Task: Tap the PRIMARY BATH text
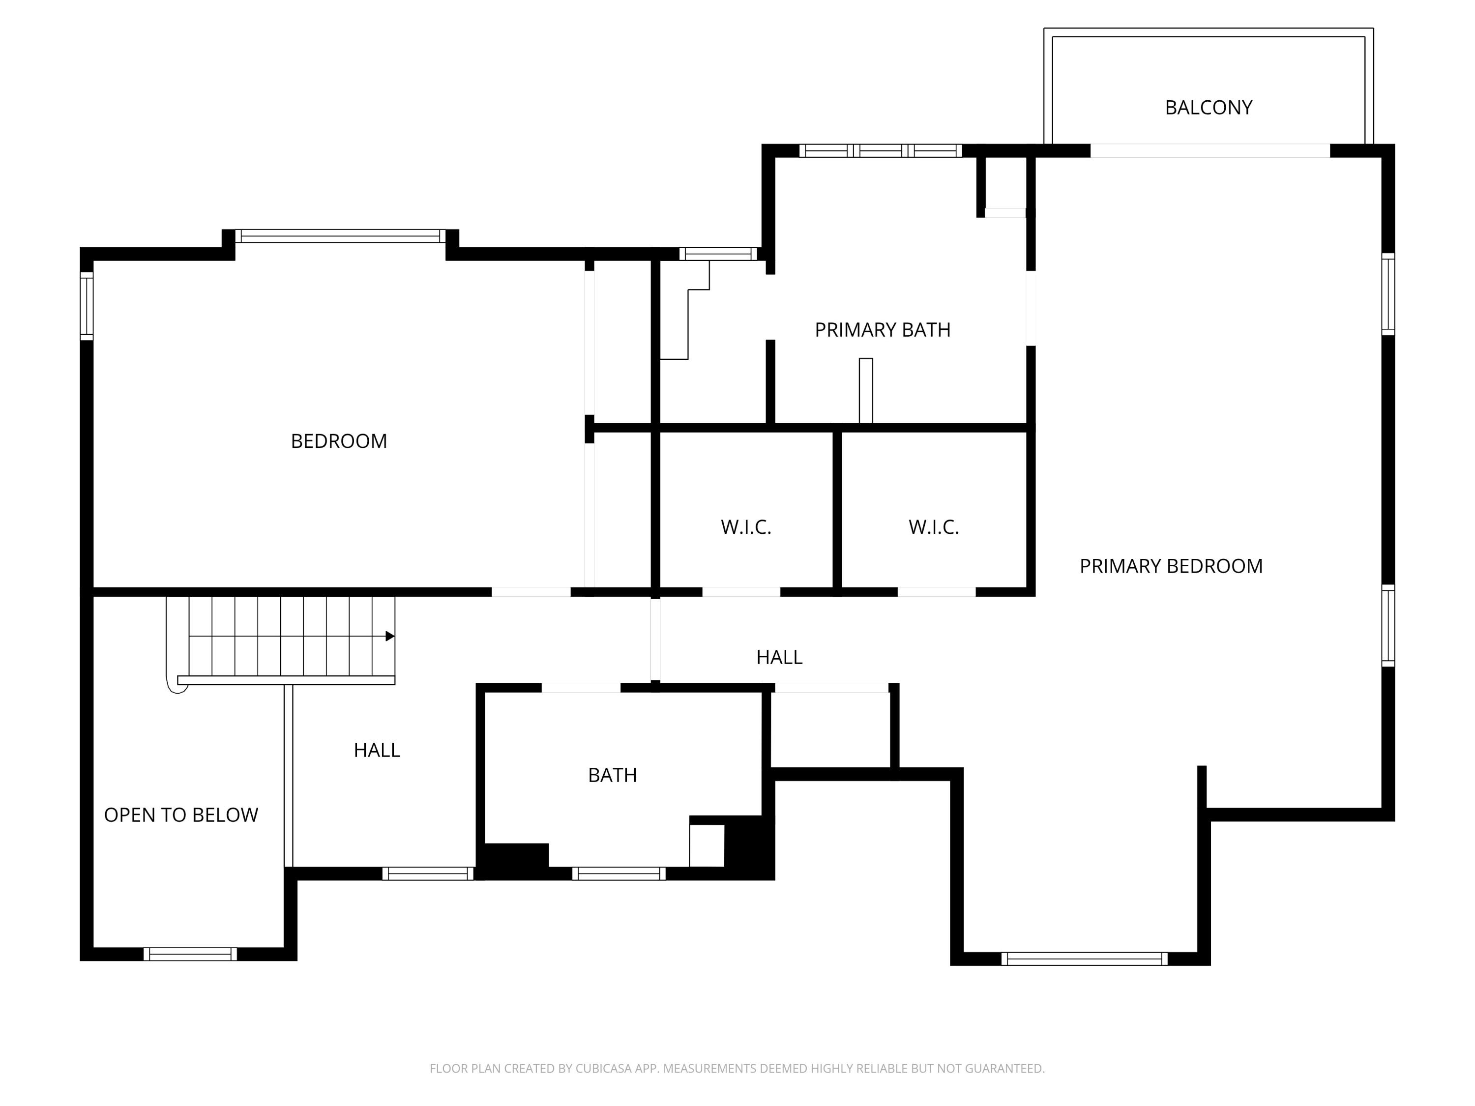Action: tap(882, 330)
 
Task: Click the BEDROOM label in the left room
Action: tap(339, 441)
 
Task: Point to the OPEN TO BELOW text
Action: tap(181, 815)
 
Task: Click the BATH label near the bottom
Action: tap(612, 775)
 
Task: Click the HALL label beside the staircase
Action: tap(377, 750)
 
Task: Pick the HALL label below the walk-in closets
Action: tap(779, 657)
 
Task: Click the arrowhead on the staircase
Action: tap(390, 636)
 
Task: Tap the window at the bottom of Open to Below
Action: tap(190, 954)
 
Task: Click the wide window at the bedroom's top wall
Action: tap(340, 236)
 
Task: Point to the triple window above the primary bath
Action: tap(880, 151)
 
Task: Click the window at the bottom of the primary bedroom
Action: tap(1084, 959)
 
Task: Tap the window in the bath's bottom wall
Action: tap(619, 873)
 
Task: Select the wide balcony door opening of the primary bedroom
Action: tap(1209, 151)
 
